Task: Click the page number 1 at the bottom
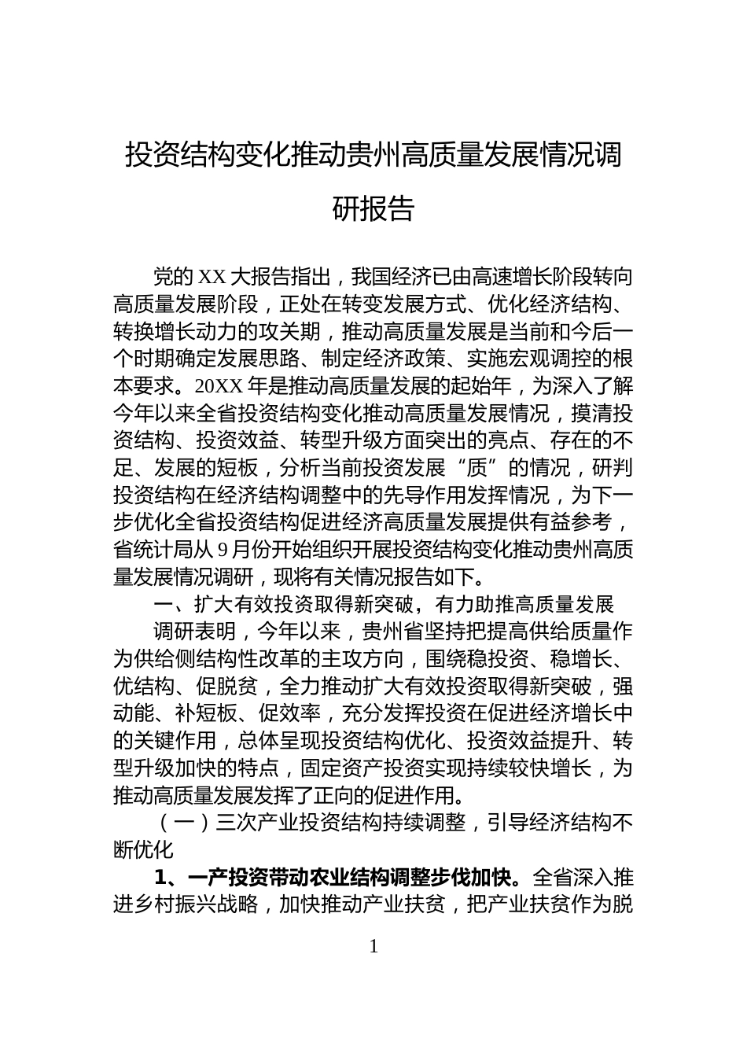tap(373, 947)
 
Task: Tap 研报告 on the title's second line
tap(373, 208)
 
